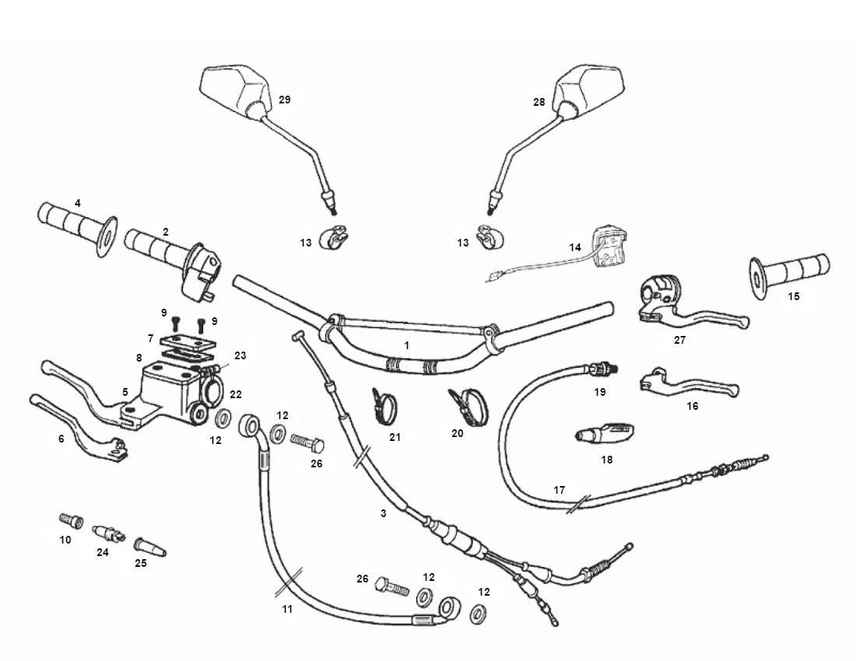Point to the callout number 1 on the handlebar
coord(406,344)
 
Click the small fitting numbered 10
coord(71,519)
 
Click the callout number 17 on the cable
coord(559,491)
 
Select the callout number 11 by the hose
coord(287,609)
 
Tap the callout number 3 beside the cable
coord(383,513)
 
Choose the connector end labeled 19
coord(603,365)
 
